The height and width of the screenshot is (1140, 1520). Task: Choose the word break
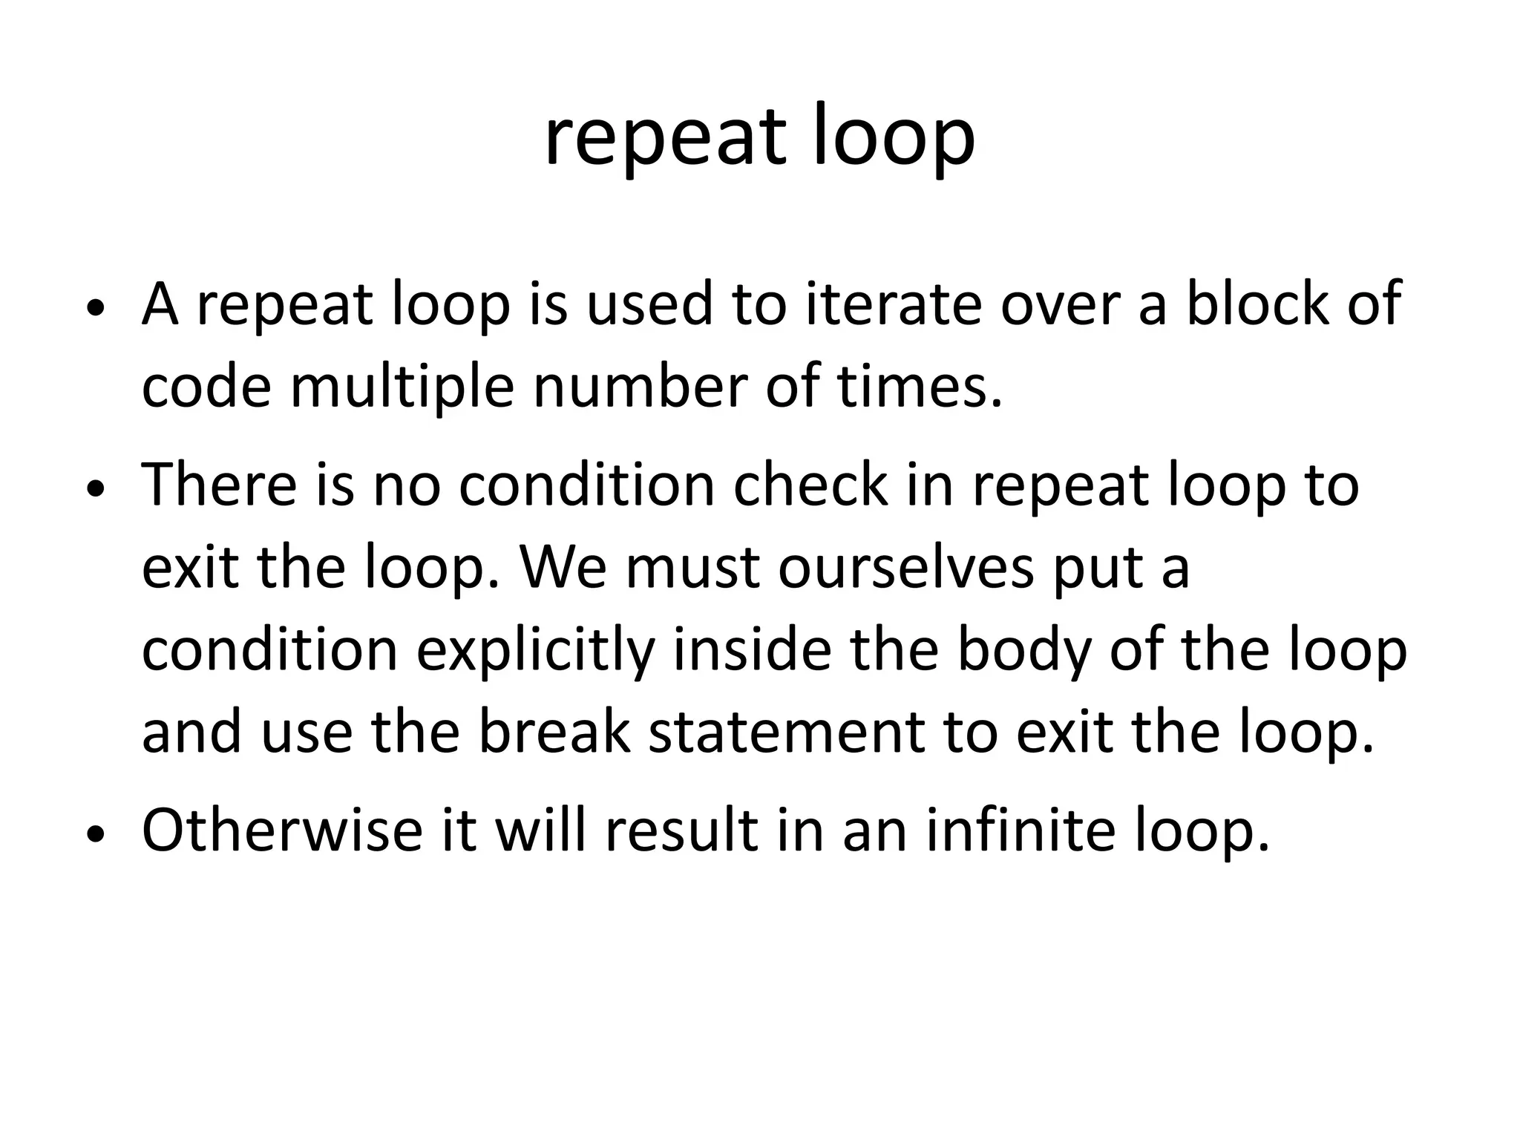click(x=554, y=732)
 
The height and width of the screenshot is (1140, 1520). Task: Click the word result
click(x=681, y=829)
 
